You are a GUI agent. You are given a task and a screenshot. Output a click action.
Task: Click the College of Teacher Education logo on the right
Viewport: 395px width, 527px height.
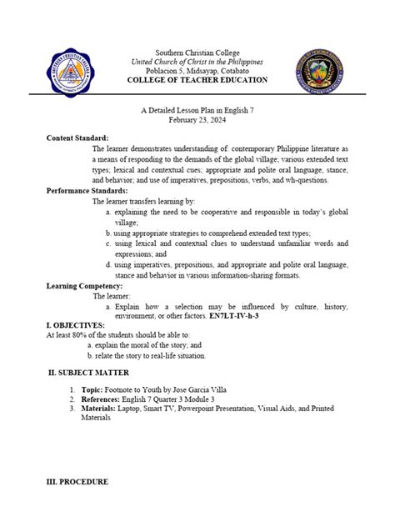click(317, 67)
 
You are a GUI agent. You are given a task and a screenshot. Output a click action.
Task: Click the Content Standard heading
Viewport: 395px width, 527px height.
click(77, 137)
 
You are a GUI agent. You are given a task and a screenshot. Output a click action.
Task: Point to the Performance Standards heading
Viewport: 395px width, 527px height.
click(87, 191)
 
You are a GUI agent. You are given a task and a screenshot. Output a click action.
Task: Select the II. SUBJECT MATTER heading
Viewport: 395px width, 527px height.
click(88, 372)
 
